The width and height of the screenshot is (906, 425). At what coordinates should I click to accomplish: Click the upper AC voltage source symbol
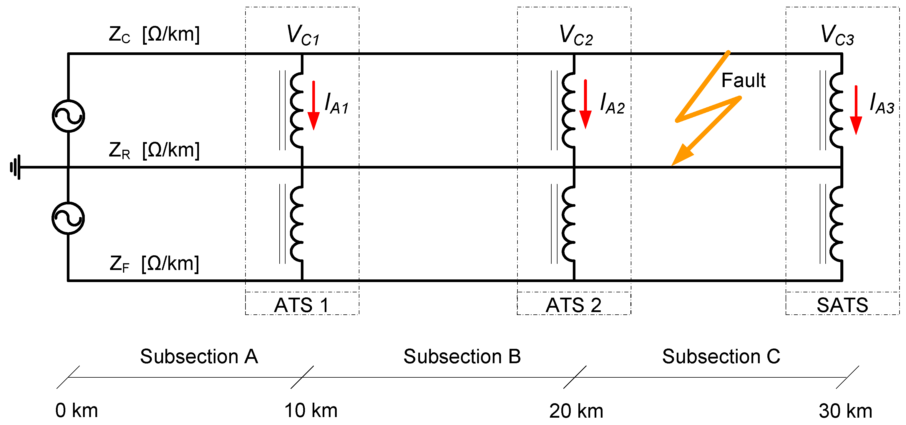(x=68, y=116)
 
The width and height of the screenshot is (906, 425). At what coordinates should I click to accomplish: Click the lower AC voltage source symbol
(x=68, y=218)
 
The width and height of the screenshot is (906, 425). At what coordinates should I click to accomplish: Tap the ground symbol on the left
(x=16, y=167)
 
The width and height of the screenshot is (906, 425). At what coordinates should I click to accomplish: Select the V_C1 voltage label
(x=303, y=36)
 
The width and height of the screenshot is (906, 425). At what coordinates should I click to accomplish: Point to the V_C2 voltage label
(x=576, y=36)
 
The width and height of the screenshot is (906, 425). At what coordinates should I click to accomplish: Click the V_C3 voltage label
(x=837, y=36)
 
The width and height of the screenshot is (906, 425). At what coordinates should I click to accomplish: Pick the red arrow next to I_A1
(x=313, y=106)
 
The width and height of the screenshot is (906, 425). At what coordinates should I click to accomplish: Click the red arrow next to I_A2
(x=585, y=104)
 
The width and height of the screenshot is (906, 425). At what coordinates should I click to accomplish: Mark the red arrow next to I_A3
(x=856, y=110)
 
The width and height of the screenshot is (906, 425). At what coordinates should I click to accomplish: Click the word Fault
(x=743, y=81)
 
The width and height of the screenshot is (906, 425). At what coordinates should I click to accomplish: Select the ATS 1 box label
(x=302, y=305)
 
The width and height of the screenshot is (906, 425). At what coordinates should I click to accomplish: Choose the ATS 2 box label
(x=574, y=305)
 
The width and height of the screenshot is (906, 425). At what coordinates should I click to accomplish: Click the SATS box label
(x=842, y=305)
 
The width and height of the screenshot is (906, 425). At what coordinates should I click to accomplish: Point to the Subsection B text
(x=462, y=356)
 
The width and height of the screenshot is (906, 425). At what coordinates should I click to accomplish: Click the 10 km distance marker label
(x=311, y=410)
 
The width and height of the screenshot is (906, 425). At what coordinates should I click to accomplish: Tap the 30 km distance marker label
(x=845, y=410)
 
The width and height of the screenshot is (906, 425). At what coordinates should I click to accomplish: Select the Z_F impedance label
(x=154, y=264)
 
